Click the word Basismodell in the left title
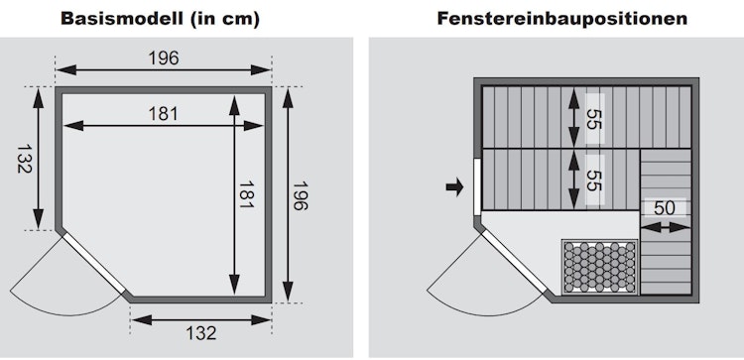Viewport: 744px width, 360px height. pos(121,19)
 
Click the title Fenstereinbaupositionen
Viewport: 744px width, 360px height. pos(562,19)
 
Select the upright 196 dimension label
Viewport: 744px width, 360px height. pos(164,58)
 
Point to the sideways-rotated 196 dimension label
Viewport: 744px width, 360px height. pos(300,196)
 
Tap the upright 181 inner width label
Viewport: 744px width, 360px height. pos(164,114)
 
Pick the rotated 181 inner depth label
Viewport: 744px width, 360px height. pos(247,194)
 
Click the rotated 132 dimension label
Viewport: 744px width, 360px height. pos(25,159)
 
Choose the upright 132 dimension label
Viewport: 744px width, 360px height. pos(201,332)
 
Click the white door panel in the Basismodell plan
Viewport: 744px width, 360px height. pos(94,263)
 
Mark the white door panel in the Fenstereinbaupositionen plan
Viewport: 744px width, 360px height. pos(514,262)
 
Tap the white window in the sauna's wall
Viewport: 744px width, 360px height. pos(477,186)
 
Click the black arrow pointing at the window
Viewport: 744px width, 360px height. pos(454,186)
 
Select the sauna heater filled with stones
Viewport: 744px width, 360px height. pos(600,267)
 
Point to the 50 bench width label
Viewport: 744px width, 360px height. pos(665,207)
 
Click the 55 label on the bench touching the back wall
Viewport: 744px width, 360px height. pos(594,119)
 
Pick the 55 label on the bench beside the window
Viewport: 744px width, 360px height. pos(594,180)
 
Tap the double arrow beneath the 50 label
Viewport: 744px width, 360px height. pos(665,228)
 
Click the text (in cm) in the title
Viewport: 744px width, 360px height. pos(225,19)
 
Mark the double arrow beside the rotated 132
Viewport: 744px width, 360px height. pos(39,159)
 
